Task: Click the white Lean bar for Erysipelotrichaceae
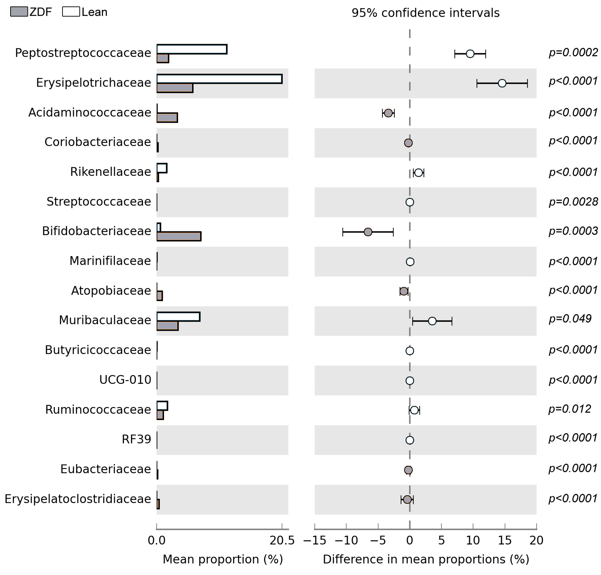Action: point(219,79)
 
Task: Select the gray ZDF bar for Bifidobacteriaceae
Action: point(179,236)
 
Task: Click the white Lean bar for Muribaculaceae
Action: point(178,316)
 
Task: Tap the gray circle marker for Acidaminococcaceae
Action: point(388,113)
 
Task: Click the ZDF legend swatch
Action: point(19,12)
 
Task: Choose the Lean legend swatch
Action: point(71,12)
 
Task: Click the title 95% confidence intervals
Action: point(425,13)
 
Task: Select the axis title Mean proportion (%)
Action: point(223,559)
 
